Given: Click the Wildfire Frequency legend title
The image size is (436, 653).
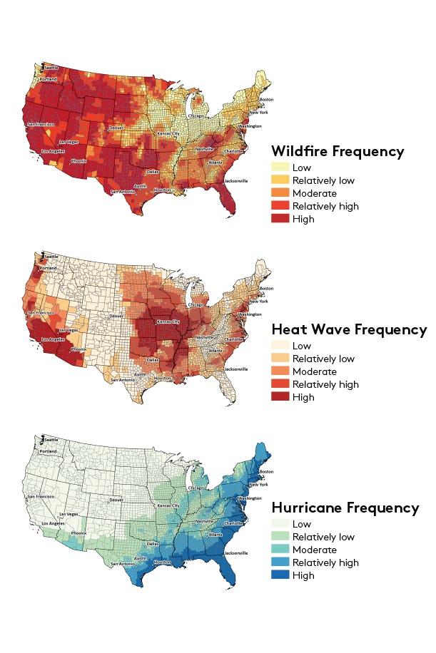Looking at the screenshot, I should coord(338,151).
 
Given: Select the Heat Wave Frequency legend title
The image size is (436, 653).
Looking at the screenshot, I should coord(349,329).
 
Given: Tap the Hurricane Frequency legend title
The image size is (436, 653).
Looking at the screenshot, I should coord(345,508).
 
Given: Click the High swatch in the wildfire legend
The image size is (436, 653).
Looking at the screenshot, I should coord(280,219).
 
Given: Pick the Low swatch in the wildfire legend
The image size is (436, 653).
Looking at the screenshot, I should coord(280,168).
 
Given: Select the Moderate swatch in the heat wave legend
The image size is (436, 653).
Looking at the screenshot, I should coord(280,371).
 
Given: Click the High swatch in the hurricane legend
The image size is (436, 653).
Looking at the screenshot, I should coord(280,575).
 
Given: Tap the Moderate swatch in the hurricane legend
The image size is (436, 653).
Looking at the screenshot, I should coord(280,550).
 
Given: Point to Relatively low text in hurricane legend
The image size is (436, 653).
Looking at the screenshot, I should coord(324,537).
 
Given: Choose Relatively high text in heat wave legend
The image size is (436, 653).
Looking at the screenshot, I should coord(325,384).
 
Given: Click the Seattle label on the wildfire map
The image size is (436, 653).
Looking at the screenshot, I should coord(51,68).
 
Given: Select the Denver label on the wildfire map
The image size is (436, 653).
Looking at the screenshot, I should coord(116,128).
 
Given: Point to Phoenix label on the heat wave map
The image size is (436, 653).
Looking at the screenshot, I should coord(79,349).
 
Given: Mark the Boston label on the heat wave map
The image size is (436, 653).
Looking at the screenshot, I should coord(266,289).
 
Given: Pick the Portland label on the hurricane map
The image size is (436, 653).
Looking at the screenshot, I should coord(49,451).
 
